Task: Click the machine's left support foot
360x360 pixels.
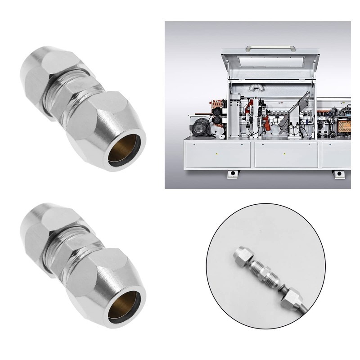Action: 232,173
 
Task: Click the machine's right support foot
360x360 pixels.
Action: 338,174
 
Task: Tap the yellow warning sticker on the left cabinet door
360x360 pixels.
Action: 217,153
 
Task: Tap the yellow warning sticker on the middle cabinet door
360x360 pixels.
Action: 284,153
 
